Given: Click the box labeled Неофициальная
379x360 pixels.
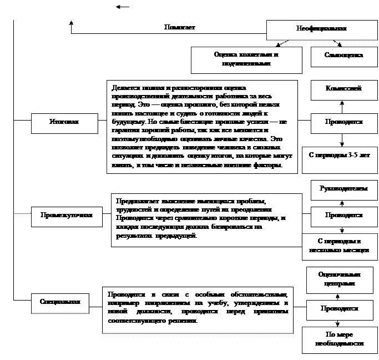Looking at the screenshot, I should point(321,30).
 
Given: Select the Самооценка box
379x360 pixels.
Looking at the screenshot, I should point(344,56).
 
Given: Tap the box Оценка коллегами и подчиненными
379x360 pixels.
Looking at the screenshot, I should point(246,59).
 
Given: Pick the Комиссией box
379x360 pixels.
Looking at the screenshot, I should point(344,89).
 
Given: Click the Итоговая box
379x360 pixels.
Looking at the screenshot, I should point(64,123).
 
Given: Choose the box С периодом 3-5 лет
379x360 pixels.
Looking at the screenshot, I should point(338,156).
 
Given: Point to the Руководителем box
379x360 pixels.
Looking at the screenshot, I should point(343,189).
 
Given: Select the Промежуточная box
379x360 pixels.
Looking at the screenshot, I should point(66,215).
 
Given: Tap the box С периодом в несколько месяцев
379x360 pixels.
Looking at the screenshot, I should point(338,246).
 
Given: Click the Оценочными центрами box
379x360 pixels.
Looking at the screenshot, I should point(340,279).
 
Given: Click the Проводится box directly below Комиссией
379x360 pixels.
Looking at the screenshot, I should point(344,122).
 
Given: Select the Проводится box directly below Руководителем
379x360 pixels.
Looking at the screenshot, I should point(344,216).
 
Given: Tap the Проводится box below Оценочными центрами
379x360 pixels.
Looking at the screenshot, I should point(340,309).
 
